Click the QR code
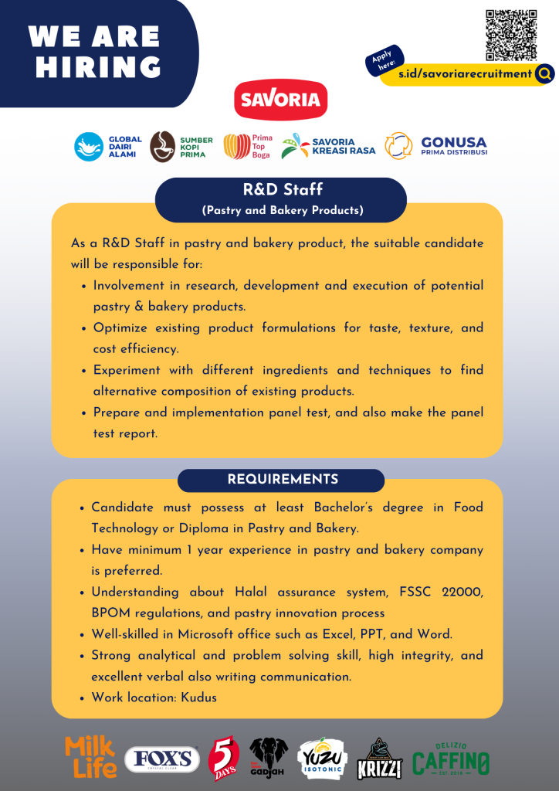pyautogui.click(x=510, y=35)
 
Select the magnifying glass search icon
pyautogui.click(x=544, y=74)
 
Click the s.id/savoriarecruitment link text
pyautogui.click(x=465, y=74)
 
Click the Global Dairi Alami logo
pyautogui.click(x=107, y=147)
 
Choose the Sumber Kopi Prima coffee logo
pyautogui.click(x=181, y=147)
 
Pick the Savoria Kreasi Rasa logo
pyautogui.click(x=328, y=147)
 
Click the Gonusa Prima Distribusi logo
pyautogui.click(x=436, y=146)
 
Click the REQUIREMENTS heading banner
pyautogui.click(x=281, y=480)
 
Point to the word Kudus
pyautogui.click(x=199, y=698)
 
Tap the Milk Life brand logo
pyautogui.click(x=91, y=757)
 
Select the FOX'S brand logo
pyautogui.click(x=162, y=759)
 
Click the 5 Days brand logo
pyautogui.click(x=223, y=759)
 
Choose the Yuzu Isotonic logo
pyautogui.click(x=323, y=759)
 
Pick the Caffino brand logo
pyautogui.click(x=451, y=759)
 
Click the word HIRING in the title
pyautogui.click(x=98, y=66)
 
